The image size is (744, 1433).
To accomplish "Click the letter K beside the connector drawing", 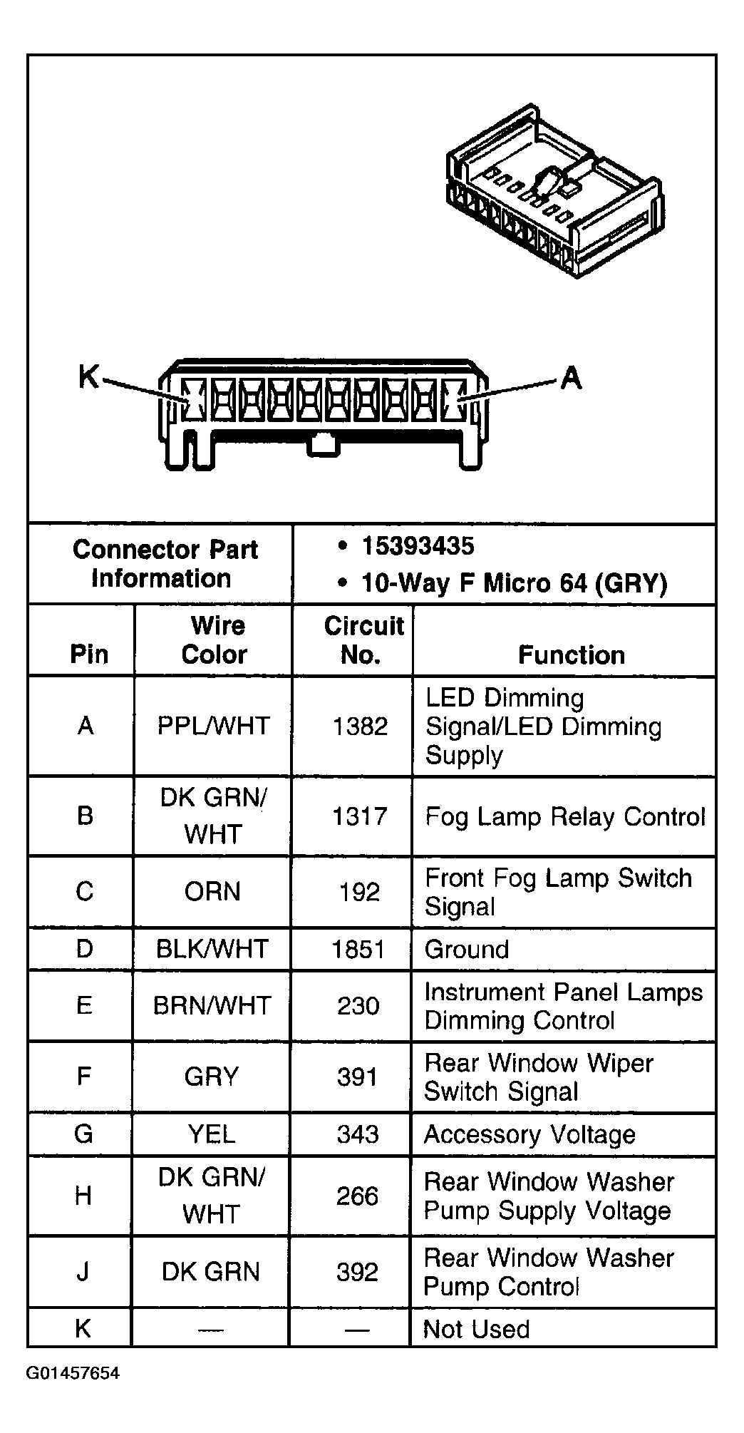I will [88, 376].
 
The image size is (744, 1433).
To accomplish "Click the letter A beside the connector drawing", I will [571, 378].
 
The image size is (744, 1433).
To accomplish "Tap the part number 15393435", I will [418, 547].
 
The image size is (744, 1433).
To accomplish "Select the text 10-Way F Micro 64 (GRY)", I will [515, 583].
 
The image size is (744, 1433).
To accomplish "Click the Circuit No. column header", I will [363, 640].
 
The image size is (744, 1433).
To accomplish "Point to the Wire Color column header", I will [215, 640].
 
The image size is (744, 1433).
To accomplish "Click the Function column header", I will [572, 654].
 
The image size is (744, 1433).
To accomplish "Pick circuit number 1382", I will [360, 726].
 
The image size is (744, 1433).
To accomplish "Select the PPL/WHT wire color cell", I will [213, 726].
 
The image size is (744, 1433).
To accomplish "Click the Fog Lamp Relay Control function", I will [565, 817].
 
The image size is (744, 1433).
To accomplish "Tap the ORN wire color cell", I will [212, 892].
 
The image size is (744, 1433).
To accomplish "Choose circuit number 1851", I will [358, 950].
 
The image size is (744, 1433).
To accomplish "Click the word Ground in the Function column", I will [467, 950].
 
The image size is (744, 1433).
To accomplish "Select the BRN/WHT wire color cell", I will [212, 1006].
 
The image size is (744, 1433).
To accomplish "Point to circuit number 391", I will [358, 1077].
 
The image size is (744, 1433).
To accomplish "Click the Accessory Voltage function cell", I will [529, 1134].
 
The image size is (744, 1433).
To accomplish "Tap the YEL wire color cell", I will [212, 1134].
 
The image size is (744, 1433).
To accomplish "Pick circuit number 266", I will [357, 1196].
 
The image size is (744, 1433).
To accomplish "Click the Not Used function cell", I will [476, 1330].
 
